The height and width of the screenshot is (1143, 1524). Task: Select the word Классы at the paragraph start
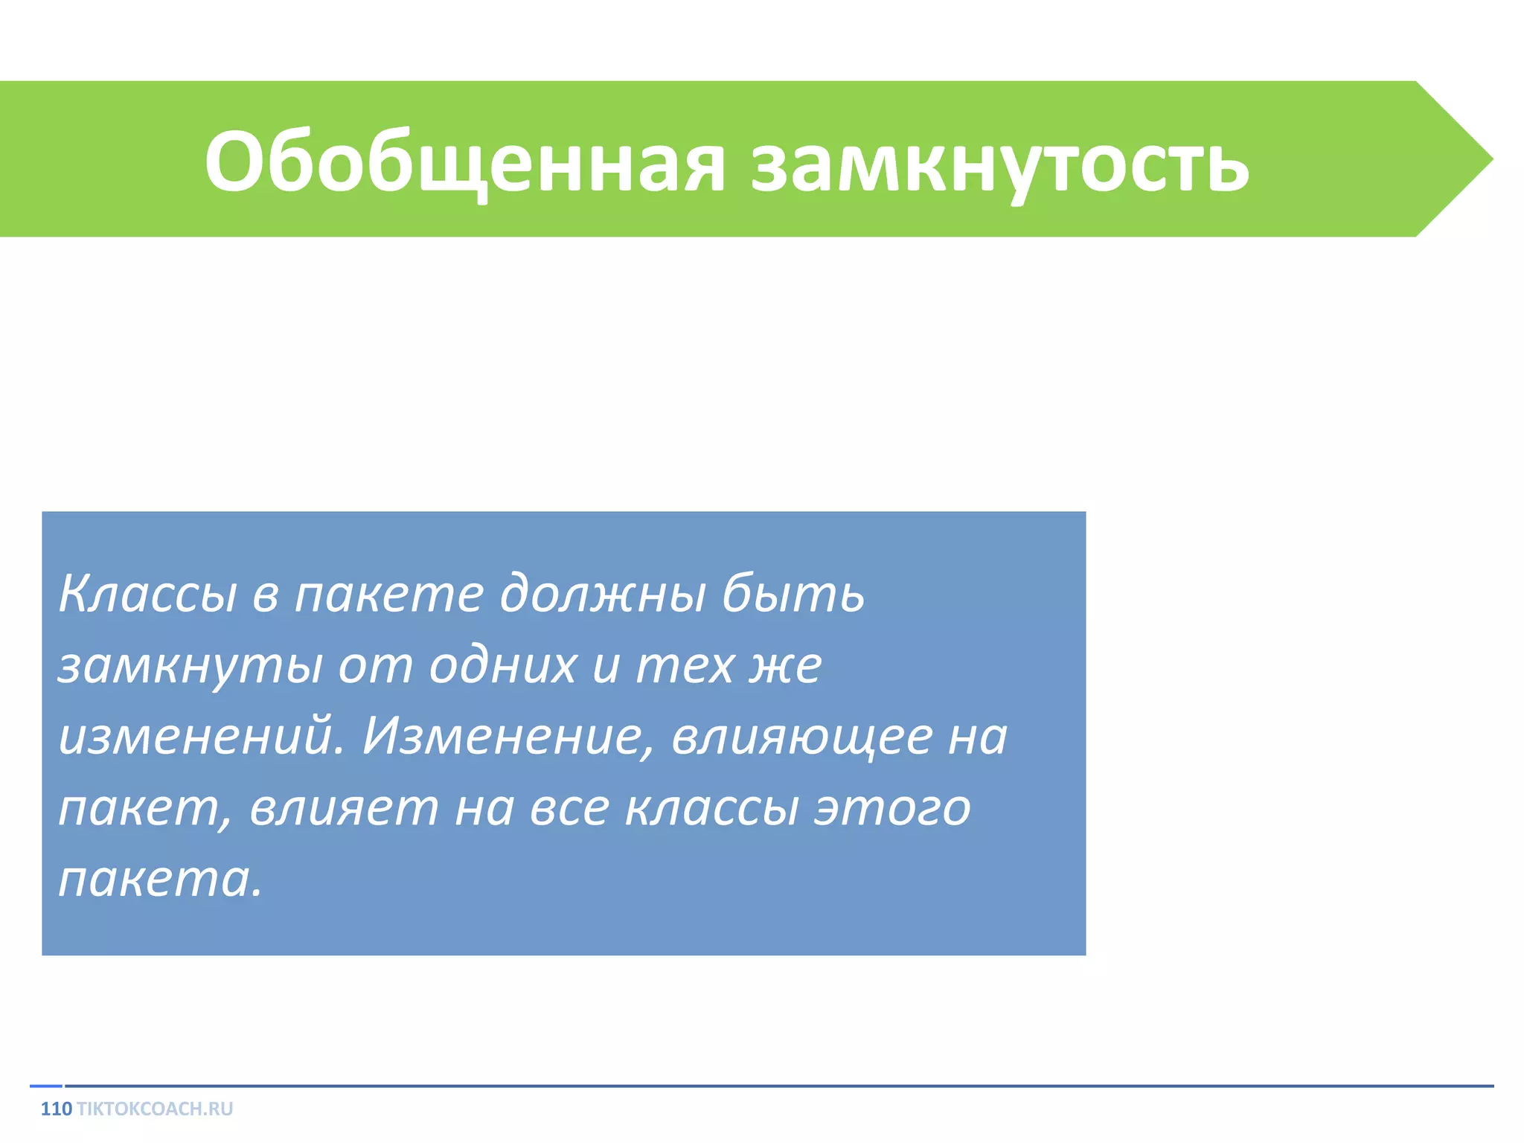(147, 595)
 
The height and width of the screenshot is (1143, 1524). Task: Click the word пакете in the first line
(388, 595)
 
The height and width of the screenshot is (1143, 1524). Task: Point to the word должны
(602, 595)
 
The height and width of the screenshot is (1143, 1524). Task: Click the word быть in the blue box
(793, 595)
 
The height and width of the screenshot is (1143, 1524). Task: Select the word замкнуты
(190, 667)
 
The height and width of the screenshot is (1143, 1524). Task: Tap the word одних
(503, 665)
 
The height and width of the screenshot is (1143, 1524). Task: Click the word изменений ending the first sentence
(201, 737)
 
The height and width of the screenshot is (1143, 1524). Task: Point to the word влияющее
(802, 738)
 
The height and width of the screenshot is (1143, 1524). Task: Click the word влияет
(344, 808)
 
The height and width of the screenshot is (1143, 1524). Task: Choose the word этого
(892, 810)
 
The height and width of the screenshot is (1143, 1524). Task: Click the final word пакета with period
(161, 881)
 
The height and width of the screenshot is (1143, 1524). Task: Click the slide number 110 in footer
(56, 1109)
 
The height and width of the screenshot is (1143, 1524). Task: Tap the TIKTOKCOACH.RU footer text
(155, 1109)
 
